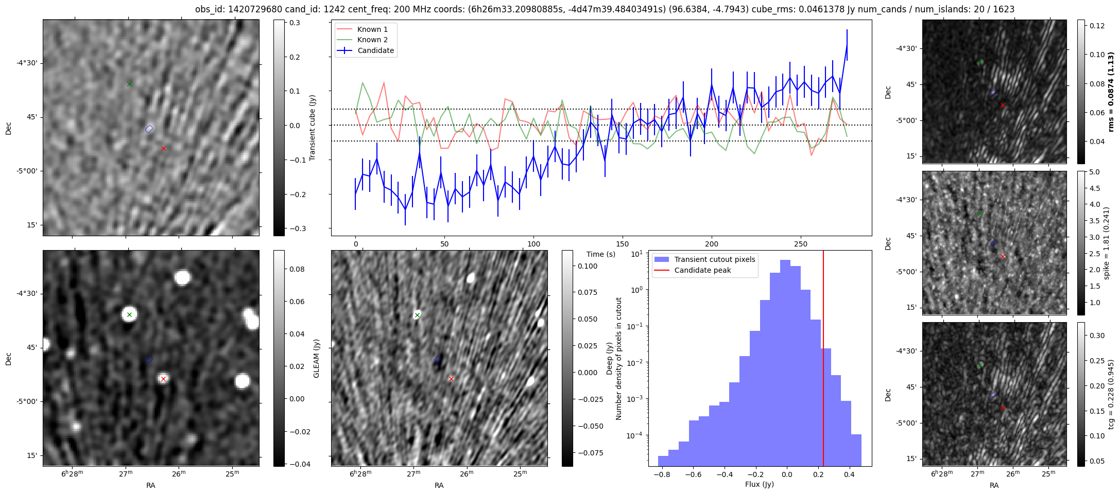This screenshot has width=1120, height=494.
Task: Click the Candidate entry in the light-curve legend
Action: tap(375, 50)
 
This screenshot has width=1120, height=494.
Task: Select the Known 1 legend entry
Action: tap(372, 29)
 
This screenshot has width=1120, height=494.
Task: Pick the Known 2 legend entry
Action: tap(372, 40)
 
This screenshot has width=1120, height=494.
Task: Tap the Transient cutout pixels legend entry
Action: tap(714, 259)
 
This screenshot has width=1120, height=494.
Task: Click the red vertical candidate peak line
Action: tap(823, 360)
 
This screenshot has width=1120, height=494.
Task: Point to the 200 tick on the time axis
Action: tap(712, 243)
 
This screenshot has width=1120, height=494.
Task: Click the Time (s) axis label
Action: tap(601, 254)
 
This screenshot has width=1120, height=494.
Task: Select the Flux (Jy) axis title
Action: tap(759, 484)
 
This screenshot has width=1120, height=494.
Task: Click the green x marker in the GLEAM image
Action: tap(129, 314)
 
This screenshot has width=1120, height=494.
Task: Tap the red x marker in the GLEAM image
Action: tap(163, 379)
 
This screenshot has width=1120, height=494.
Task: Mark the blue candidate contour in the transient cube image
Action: tap(149, 129)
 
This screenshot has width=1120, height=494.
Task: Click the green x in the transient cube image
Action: tap(129, 84)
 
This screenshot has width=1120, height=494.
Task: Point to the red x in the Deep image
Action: tap(451, 379)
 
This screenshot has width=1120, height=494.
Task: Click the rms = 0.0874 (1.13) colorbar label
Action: tap(1111, 91)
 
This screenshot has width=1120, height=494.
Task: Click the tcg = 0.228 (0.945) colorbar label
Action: tap(1111, 394)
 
